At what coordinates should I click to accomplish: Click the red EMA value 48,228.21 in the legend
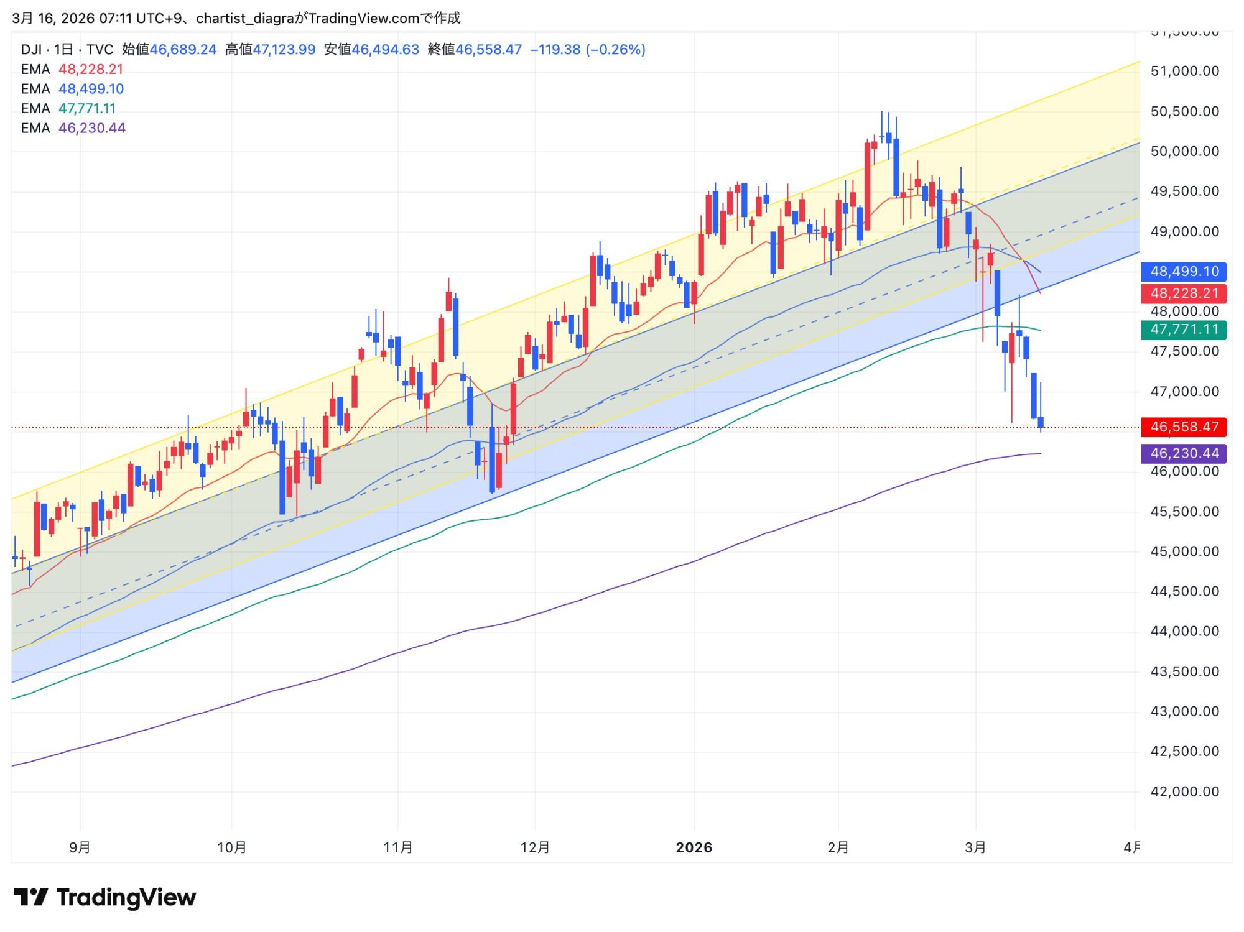(91, 69)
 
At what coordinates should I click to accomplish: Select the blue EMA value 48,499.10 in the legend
(91, 89)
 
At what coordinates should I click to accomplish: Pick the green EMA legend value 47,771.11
(87, 109)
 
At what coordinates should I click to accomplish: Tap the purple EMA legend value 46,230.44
(92, 128)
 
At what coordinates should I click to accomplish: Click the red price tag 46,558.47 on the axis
(1184, 427)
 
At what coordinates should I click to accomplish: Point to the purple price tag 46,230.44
(1184, 453)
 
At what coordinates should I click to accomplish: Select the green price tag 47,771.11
(1184, 329)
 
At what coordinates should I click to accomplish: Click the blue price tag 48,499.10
(1184, 271)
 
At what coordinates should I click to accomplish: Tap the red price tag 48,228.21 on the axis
(1184, 293)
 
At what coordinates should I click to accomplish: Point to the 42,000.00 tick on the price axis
(1184, 791)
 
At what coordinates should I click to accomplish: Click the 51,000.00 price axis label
(1184, 71)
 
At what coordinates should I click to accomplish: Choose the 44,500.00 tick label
(1184, 591)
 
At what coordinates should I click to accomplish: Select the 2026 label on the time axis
(694, 847)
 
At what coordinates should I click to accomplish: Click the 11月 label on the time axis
(398, 847)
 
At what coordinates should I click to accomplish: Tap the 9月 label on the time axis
(80, 847)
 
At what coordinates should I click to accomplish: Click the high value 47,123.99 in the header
(284, 50)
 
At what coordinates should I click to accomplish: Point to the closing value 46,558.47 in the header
(488, 50)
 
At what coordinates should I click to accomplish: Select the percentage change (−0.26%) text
(615, 50)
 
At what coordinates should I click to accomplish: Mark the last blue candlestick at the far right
(1041, 422)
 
